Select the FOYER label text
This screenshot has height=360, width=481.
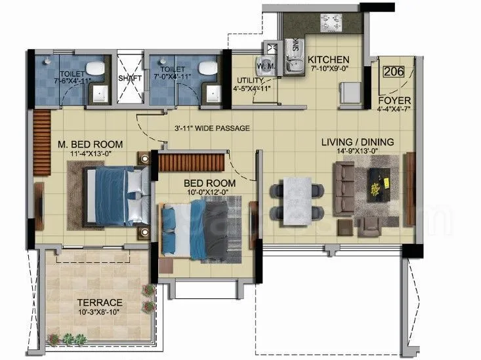(394, 101)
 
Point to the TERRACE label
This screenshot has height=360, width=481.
(99, 302)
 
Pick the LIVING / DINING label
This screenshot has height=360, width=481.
(357, 142)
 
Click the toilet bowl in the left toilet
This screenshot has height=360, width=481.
(95, 68)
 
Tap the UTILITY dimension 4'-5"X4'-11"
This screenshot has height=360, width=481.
(251, 87)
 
